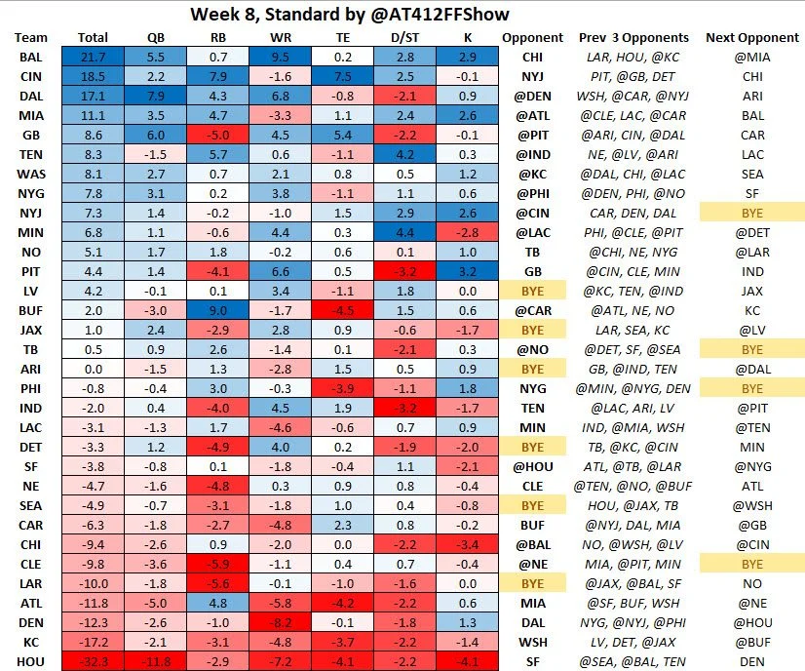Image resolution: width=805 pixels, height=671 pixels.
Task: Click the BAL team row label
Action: tap(30, 58)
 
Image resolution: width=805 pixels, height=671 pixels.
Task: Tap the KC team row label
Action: tap(30, 643)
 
